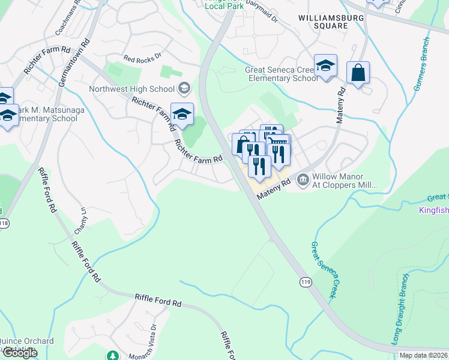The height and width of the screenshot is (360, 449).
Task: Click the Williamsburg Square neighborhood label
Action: (x=322, y=22)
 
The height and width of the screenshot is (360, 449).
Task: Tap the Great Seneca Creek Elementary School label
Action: (x=282, y=74)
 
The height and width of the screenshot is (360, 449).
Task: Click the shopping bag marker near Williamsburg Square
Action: (x=358, y=73)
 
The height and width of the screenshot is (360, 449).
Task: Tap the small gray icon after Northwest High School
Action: (x=184, y=89)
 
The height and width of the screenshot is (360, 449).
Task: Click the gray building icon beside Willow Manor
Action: (x=303, y=179)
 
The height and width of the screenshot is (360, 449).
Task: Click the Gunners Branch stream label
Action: (x=421, y=64)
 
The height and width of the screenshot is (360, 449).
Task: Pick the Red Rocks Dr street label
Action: (x=142, y=59)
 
